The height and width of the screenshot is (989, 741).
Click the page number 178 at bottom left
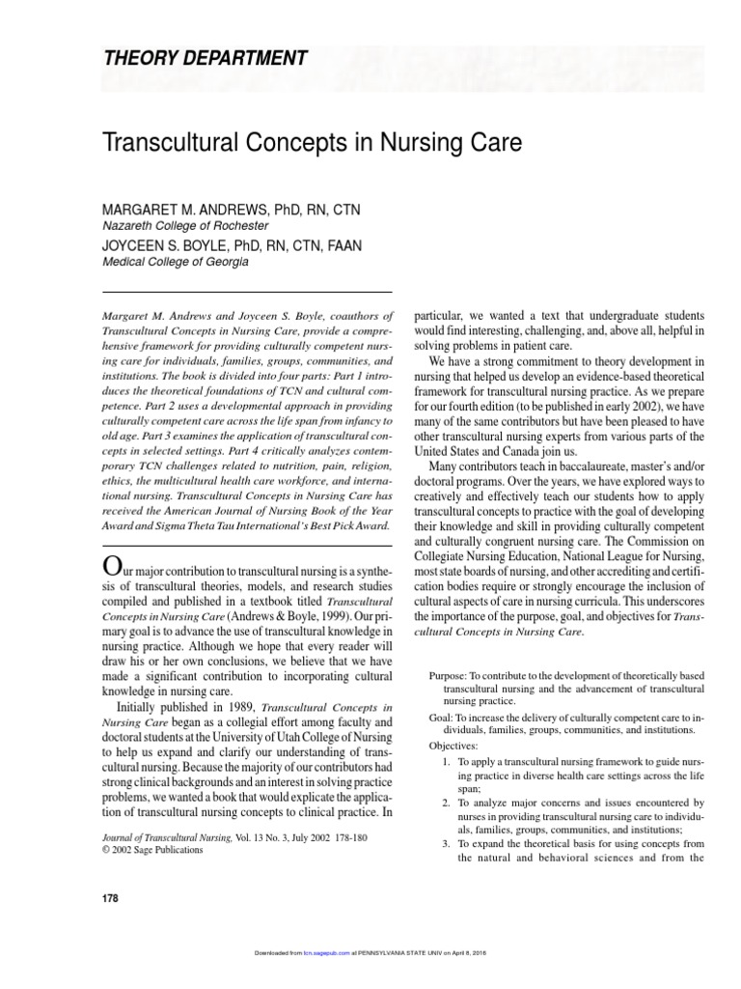click(110, 898)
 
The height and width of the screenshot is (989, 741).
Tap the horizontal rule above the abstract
click(246, 292)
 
